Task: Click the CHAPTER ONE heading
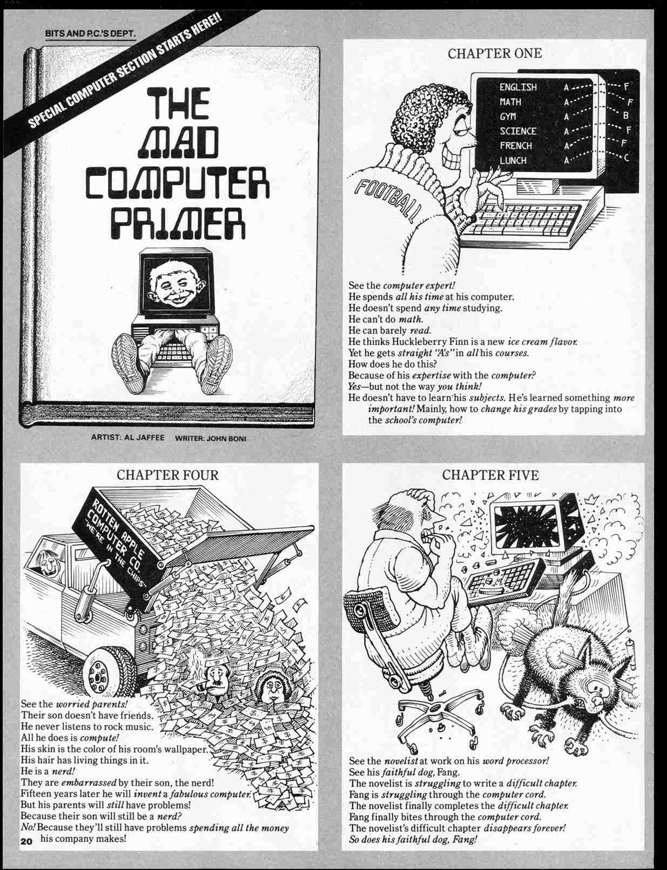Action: (x=495, y=53)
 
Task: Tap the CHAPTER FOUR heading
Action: (x=167, y=475)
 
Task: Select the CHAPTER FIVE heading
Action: (x=490, y=475)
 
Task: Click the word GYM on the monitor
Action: (x=508, y=116)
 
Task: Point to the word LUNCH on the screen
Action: (x=513, y=160)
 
